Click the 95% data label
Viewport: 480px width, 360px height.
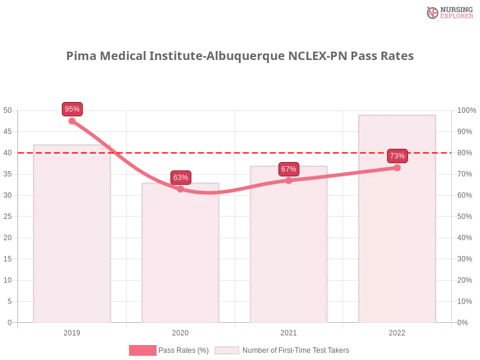(72, 109)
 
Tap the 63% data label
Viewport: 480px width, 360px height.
(181, 178)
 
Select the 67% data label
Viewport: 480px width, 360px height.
(289, 169)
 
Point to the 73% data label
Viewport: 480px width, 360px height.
(397, 156)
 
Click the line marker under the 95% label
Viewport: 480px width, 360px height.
(72, 121)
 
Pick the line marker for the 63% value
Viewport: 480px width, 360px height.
(181, 189)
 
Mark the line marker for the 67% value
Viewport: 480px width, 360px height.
(289, 180)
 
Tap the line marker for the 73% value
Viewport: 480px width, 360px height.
(397, 167)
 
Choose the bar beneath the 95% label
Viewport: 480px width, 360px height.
(72, 240)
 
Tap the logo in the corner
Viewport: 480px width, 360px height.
(448, 12)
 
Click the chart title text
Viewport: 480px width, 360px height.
(240, 56)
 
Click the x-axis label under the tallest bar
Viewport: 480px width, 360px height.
(396, 332)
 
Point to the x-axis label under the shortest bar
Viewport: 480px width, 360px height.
(180, 332)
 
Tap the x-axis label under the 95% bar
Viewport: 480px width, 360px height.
(72, 332)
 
